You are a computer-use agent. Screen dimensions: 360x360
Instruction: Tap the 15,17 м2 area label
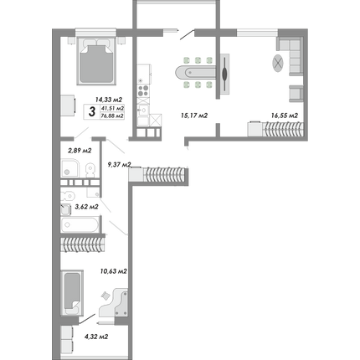(x=194, y=116)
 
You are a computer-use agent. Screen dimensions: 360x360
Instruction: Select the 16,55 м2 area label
(x=285, y=116)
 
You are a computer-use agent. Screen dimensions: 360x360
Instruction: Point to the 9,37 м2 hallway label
(x=119, y=165)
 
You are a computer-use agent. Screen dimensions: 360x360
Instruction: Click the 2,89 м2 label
(x=80, y=151)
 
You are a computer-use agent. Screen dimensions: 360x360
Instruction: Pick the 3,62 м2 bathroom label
(x=86, y=207)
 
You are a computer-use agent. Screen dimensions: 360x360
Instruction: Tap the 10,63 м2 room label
(x=114, y=271)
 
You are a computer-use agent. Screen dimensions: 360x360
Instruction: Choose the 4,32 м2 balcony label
(x=96, y=337)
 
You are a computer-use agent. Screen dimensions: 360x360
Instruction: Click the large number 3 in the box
(x=91, y=111)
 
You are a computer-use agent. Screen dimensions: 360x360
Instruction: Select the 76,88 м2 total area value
(x=112, y=116)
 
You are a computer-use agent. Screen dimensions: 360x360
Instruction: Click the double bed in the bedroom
(x=96, y=61)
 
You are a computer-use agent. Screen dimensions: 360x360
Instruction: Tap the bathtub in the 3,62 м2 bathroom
(x=80, y=224)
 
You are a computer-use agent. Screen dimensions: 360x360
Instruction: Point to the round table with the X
(x=278, y=63)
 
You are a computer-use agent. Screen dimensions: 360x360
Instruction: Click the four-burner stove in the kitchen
(x=143, y=90)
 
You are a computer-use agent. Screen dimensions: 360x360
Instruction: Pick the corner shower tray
(x=69, y=168)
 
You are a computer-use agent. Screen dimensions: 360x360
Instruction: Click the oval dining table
(x=196, y=73)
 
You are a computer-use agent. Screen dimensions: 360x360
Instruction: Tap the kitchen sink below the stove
(x=143, y=111)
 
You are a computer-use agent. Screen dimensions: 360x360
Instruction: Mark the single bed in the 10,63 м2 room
(x=72, y=292)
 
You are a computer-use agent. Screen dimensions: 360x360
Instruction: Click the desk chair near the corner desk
(x=105, y=296)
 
